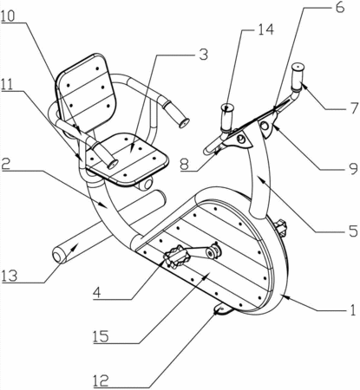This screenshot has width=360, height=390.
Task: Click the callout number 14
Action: tap(265, 29)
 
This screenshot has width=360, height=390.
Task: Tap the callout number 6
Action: tap(340, 7)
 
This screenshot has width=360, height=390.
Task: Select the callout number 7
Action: tap(353, 108)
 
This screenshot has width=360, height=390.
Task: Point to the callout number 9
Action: tap(353, 169)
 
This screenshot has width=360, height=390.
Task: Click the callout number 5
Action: tap(353, 231)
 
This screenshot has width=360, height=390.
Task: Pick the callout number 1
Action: tap(352, 309)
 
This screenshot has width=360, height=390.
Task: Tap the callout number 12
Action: tap(101, 381)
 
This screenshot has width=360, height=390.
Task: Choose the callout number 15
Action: tap(101, 336)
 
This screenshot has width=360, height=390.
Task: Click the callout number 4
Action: tap(97, 293)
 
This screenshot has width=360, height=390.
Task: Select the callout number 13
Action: tap(10, 276)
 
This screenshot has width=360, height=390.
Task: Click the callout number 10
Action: tap(8, 16)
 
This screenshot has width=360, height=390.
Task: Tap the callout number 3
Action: tap(204, 55)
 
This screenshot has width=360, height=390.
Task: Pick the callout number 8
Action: tap(184, 165)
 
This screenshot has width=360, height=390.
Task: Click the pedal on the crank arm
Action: tap(176, 257)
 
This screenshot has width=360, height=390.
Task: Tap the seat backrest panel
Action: tap(86, 94)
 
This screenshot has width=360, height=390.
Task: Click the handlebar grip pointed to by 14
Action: tap(227, 118)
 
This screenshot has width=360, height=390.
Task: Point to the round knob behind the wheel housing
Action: tap(281, 227)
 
